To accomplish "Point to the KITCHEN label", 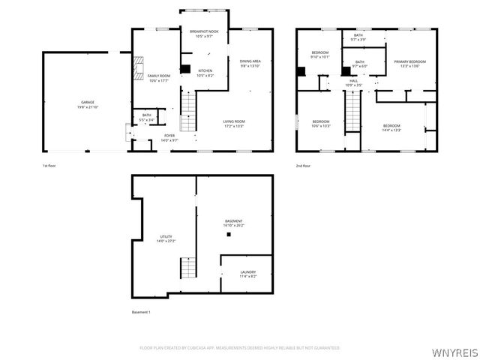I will [x=205, y=73].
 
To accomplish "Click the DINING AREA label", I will [x=250, y=63].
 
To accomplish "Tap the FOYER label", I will [x=169, y=137].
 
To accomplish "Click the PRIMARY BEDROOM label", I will [x=409, y=63].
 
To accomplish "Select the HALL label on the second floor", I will [x=353, y=83].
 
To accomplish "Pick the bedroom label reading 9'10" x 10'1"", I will [x=320, y=54].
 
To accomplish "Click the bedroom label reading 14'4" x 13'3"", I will [x=392, y=127].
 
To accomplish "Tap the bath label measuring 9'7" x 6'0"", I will [x=359, y=64].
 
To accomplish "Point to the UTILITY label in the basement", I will [x=165, y=238].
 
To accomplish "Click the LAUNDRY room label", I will [x=248, y=274].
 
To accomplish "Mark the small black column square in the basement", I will [x=229, y=235].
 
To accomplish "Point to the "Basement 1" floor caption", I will [x=141, y=312].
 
